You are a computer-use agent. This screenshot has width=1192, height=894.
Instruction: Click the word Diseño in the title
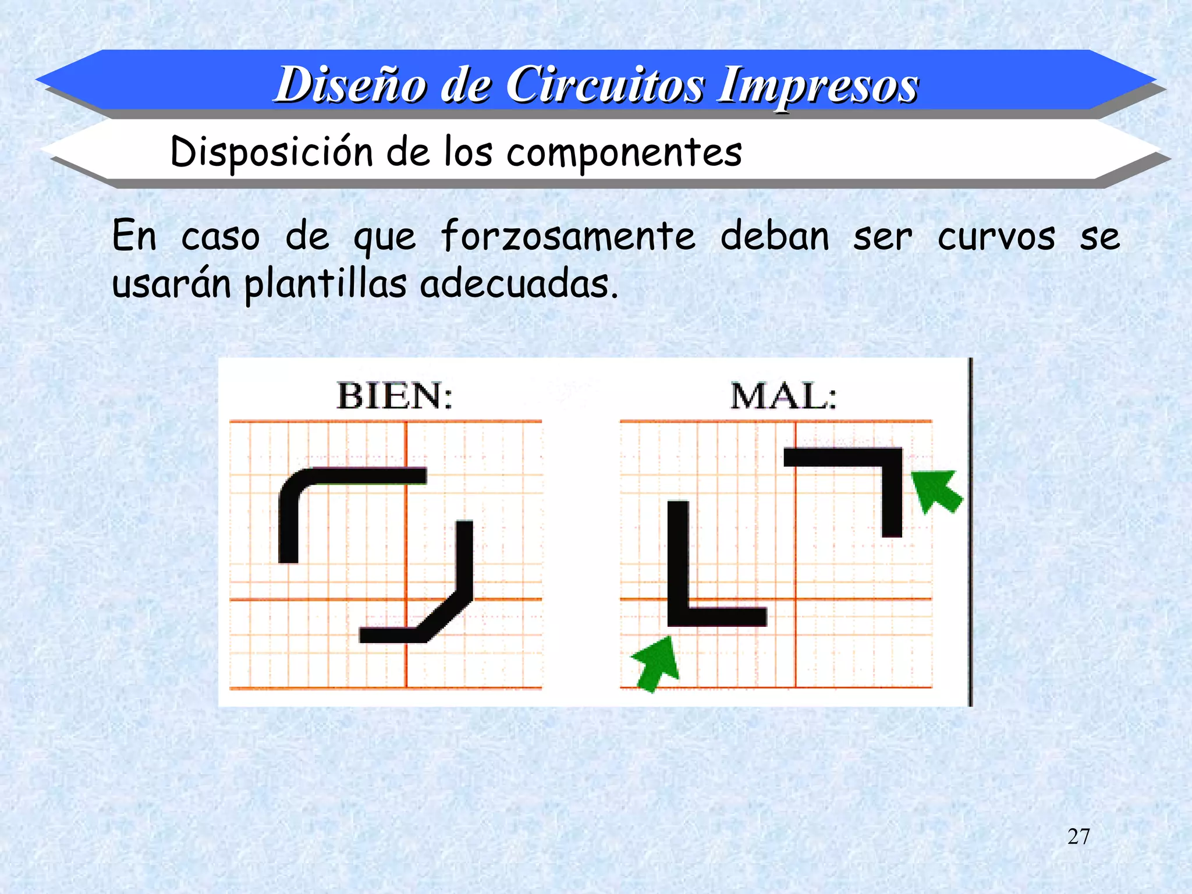tap(352, 85)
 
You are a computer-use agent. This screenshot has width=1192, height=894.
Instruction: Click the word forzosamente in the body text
tap(567, 236)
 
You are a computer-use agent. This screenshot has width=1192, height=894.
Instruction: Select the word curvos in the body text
tap(996, 236)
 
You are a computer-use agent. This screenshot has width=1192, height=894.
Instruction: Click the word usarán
tap(171, 284)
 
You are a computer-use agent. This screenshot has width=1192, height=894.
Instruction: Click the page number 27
tap(1079, 836)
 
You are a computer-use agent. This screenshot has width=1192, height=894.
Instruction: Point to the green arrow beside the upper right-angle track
tap(936, 491)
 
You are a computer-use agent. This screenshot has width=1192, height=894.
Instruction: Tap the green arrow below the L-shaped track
tap(657, 664)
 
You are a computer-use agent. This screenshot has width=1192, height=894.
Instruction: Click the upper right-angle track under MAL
tap(891, 483)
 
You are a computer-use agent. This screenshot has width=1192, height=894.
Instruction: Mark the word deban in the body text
tap(775, 236)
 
